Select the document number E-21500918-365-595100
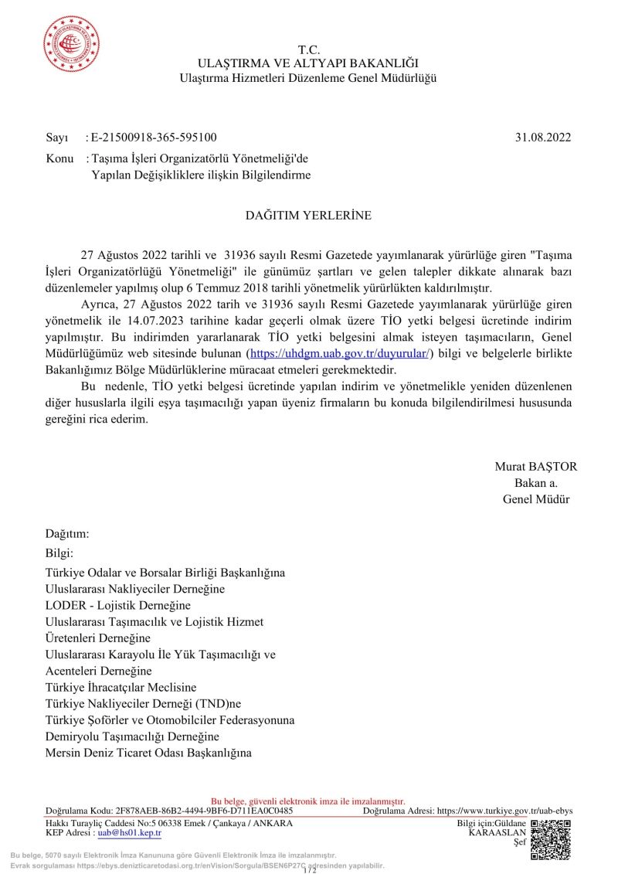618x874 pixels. [x=154, y=138]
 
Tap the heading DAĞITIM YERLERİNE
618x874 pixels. [x=308, y=216]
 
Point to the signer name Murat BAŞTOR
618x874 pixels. [x=535, y=467]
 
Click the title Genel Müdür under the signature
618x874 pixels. [x=535, y=499]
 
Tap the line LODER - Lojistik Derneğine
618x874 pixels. [x=118, y=605]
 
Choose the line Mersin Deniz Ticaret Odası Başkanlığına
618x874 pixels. [x=149, y=753]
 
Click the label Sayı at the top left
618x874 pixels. [x=57, y=138]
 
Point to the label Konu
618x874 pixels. [x=60, y=158]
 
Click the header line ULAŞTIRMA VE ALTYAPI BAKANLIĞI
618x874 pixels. [x=308, y=63]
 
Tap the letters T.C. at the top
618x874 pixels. [x=308, y=49]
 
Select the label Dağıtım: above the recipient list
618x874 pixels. [x=68, y=534]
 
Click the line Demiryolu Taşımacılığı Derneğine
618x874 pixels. [x=132, y=736]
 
